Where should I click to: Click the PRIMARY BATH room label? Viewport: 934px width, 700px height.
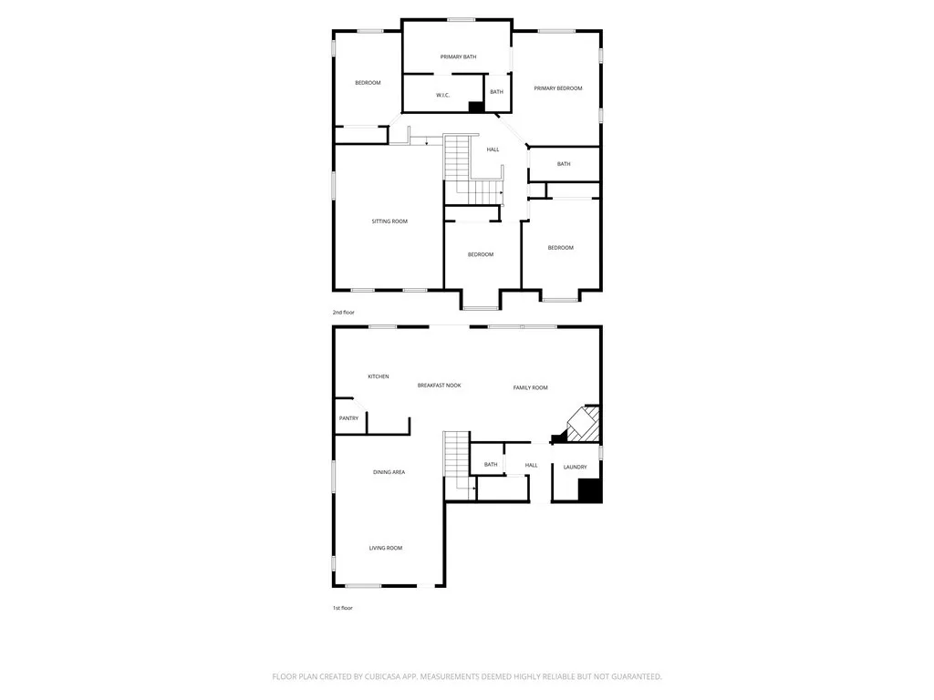pos(458,57)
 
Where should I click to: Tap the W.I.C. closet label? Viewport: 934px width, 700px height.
pos(441,95)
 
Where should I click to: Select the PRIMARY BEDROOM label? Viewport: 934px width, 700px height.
pos(558,88)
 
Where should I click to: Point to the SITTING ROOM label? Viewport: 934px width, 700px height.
pos(389,221)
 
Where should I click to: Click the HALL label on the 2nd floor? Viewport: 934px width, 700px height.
pos(493,149)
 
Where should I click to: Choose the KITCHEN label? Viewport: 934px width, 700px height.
pos(379,376)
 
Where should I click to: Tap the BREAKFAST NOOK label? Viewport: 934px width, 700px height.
pos(439,386)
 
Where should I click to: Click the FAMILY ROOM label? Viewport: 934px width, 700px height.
pos(530,388)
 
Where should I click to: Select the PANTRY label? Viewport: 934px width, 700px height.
pos(348,418)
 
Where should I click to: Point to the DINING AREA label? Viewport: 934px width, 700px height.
pos(389,472)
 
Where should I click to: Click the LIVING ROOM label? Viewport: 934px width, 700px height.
pos(386,548)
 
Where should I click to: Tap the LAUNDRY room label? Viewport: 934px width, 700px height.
pos(575,468)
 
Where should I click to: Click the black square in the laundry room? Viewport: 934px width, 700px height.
pos(590,490)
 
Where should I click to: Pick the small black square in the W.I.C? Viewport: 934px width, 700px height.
pos(474,107)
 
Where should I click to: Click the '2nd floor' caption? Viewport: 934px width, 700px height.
pos(343,313)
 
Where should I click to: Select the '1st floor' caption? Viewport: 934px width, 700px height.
pos(342,608)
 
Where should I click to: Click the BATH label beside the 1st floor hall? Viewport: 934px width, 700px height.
pos(491,465)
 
